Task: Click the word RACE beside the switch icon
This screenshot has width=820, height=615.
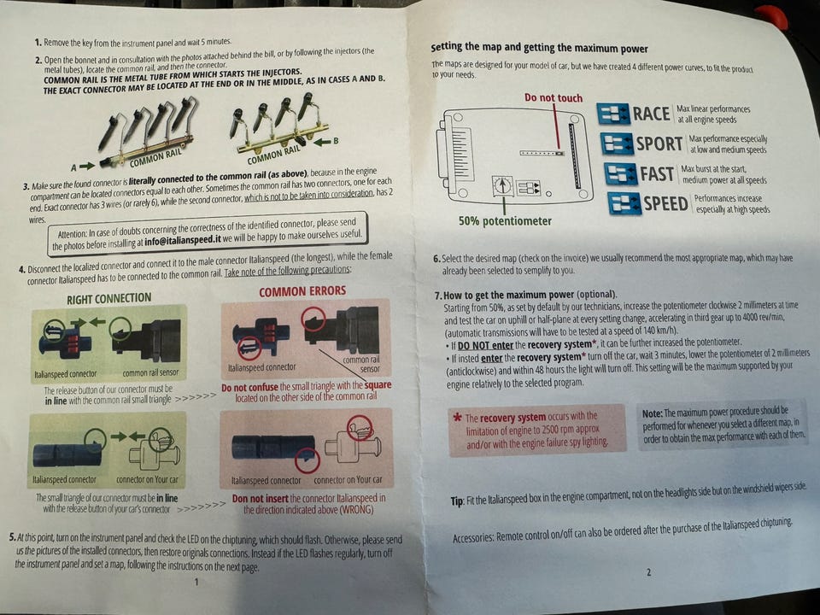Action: (651, 114)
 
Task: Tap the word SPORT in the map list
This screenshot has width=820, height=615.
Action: (659, 143)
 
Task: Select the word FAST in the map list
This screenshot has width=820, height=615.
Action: (657, 173)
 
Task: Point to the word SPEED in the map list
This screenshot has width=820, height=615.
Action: (665, 203)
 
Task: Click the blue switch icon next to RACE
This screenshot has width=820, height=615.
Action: (613, 114)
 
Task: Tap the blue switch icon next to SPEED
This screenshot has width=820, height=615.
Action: (624, 203)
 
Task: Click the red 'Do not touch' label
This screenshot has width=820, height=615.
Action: (553, 97)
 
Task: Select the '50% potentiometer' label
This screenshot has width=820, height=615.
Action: (505, 221)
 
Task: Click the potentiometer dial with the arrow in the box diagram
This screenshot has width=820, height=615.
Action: (502, 185)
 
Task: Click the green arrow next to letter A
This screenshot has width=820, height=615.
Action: (87, 166)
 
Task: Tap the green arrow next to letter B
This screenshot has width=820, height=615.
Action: (322, 142)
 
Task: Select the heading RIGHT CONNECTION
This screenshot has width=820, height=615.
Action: (108, 299)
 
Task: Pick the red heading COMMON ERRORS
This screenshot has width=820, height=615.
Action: (302, 290)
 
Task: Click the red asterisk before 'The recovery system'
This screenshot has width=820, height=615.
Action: (457, 418)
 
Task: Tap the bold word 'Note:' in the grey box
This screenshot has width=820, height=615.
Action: (652, 413)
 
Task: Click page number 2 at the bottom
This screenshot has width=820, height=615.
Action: (649, 572)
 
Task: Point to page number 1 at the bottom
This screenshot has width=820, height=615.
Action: (196, 582)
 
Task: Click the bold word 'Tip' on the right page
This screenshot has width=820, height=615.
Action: (456, 501)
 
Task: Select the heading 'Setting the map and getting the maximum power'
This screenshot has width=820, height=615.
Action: (539, 48)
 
